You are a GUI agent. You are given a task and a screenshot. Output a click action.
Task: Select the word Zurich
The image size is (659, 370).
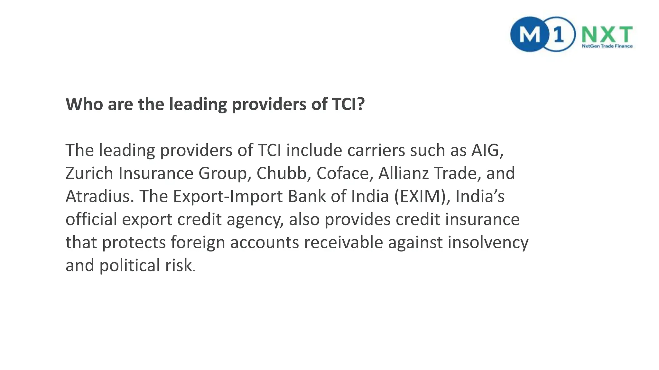[89, 173]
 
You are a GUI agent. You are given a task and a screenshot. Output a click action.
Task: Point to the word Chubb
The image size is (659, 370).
[283, 173]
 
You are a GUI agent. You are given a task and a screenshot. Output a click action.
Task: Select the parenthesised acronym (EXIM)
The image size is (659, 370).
[422, 196]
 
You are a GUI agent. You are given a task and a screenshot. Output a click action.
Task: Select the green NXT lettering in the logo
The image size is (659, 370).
[607, 34]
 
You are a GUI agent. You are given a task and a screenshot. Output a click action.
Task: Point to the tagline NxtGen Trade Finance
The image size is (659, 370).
[607, 46]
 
